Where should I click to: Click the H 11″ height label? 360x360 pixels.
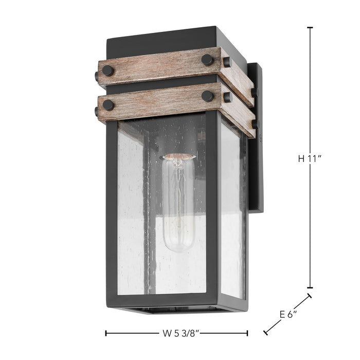(310, 159)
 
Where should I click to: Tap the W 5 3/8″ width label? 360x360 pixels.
(177, 333)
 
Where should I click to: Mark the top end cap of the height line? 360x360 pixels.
(310, 27)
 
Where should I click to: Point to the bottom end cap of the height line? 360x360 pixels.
(310, 288)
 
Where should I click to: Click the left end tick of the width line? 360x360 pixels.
(106, 333)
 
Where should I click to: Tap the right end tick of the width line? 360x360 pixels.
(248, 333)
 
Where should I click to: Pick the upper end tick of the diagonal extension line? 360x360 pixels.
(310, 296)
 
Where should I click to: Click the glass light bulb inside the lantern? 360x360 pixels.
(178, 206)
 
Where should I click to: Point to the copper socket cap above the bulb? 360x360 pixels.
(178, 156)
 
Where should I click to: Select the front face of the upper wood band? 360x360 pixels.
(159, 67)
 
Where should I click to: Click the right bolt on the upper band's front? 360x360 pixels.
(207, 60)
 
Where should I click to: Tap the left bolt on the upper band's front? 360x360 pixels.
(109, 69)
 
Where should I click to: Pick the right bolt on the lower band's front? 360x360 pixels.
(207, 96)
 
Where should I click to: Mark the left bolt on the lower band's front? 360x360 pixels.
(109, 104)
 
